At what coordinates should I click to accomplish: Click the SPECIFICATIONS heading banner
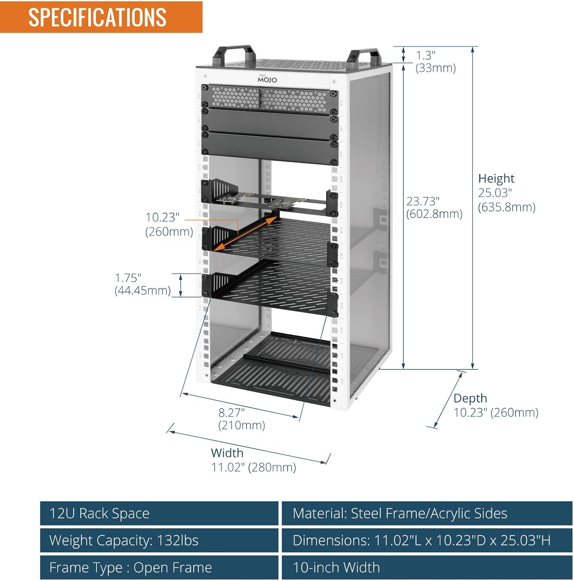coord(101,17)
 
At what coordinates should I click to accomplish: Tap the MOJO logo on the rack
coord(267,79)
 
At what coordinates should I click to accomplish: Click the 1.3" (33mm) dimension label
coord(435,62)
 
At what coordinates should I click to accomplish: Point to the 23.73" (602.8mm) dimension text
coord(434,208)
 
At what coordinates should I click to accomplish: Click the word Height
coord(496,179)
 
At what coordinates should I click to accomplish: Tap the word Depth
coord(470,398)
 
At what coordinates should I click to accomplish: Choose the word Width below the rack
coord(227,453)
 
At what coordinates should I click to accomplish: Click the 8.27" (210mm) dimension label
coord(242,419)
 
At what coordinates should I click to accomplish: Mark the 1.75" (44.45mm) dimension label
coord(142,284)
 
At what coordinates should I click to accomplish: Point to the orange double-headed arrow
coord(245,234)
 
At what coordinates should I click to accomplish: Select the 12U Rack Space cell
coord(159,513)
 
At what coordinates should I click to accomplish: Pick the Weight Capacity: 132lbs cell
coord(159,540)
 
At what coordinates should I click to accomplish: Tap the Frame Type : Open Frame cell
coord(159,567)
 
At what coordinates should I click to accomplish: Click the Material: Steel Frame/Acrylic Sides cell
coord(427,513)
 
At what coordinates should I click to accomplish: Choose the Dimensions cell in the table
coord(427,540)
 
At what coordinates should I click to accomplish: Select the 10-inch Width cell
coord(427,567)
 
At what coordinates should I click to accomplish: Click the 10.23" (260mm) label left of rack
coord(169,225)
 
